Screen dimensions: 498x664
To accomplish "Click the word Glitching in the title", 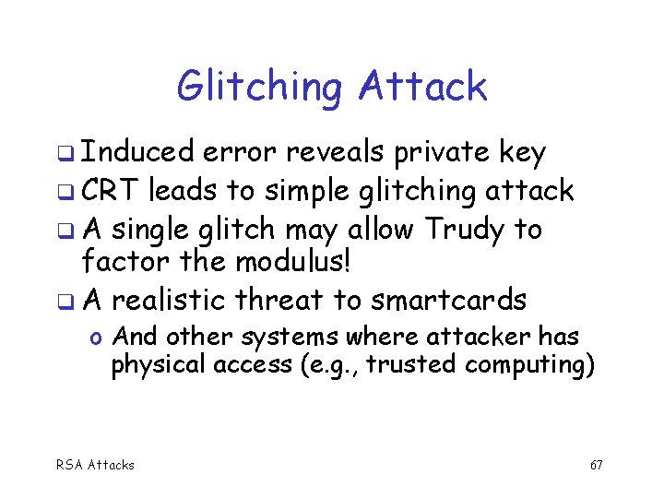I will coord(258,88).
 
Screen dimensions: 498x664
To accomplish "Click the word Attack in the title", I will coord(422,87).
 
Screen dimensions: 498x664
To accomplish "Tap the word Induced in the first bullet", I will coord(137,153).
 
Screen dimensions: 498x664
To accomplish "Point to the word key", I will coord(522,153).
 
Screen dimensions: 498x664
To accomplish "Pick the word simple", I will coord(308,191).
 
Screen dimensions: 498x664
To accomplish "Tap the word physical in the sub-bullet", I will coord(158,365).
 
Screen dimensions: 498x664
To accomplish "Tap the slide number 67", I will coord(596,465).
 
